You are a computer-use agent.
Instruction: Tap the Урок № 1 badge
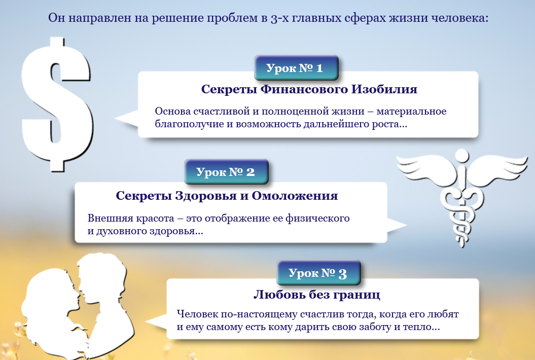point(296,68)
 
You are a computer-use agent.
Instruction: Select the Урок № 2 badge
point(226,172)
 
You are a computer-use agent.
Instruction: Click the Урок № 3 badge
point(318,273)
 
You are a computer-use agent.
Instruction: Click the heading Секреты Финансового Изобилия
point(309,89)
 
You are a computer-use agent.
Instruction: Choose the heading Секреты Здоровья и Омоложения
point(227,196)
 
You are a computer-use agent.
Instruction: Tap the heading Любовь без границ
point(316,295)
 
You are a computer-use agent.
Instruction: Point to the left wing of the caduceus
point(423,170)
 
